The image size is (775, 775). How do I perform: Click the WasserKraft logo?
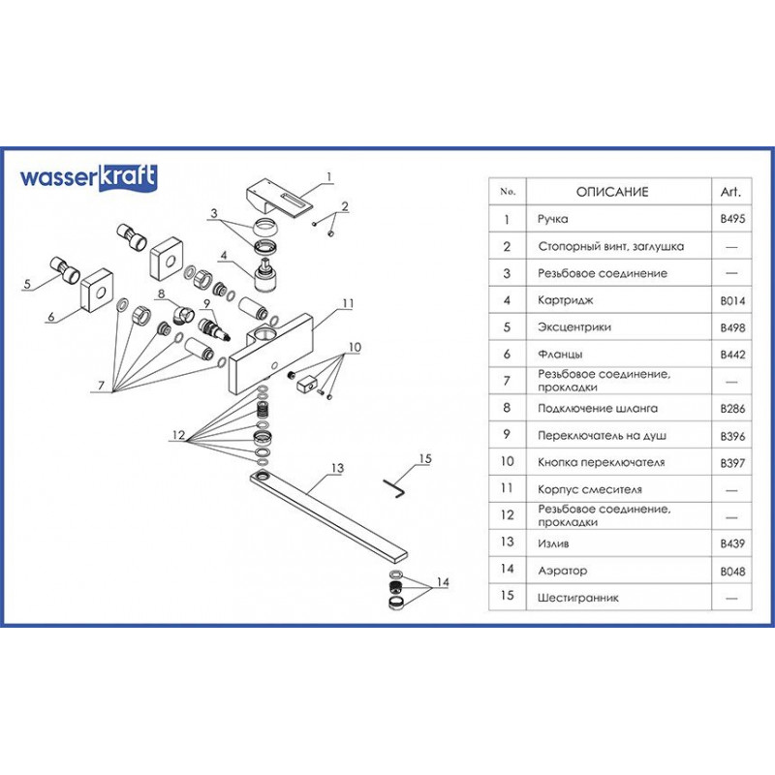click(88, 177)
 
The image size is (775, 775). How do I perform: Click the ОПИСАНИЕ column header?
click(612, 192)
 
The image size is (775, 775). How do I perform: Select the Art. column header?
click(732, 192)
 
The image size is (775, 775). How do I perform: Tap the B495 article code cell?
click(732, 220)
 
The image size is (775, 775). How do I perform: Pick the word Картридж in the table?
click(563, 300)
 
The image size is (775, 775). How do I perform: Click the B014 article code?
click(732, 300)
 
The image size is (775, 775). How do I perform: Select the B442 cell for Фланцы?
click(732, 355)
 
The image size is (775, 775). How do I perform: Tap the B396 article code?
click(732, 436)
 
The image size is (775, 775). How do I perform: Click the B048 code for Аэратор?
click(732, 572)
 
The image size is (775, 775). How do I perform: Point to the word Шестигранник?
click(577, 598)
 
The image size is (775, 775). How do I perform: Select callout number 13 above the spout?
click(337, 468)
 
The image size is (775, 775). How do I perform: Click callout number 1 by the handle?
click(329, 176)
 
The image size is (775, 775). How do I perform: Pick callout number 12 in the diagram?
click(178, 436)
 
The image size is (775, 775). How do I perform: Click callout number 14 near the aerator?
click(442, 582)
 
